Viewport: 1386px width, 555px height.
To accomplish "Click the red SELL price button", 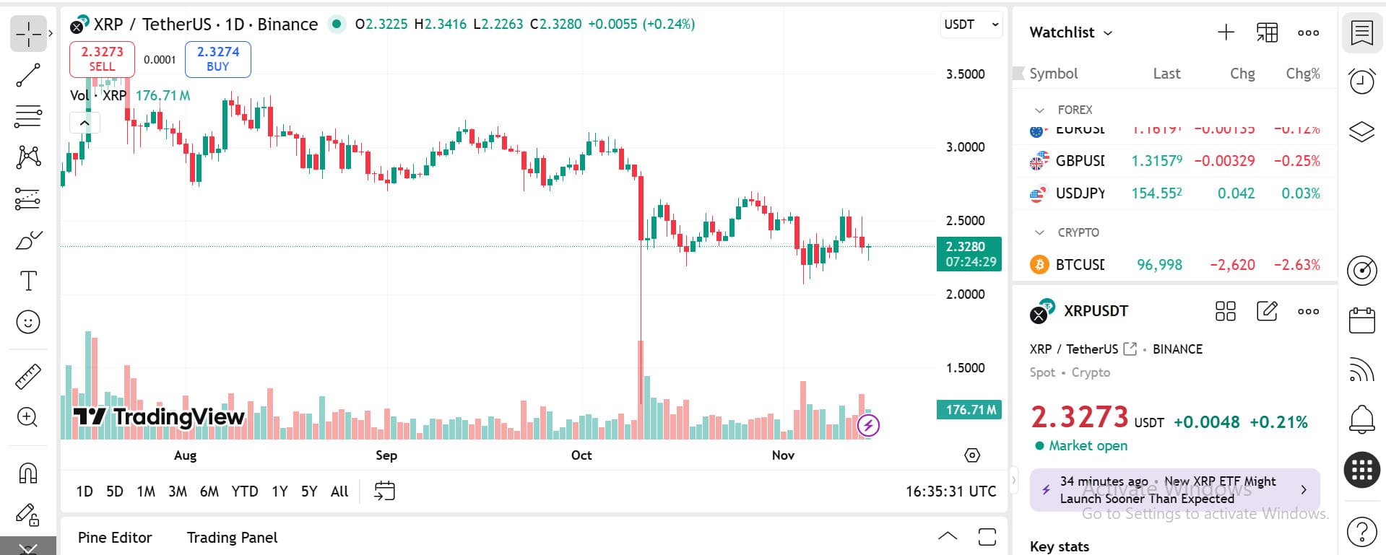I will tap(102, 59).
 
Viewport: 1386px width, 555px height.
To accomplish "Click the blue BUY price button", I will tap(217, 59).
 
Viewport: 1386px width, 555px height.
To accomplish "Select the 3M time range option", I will tap(178, 491).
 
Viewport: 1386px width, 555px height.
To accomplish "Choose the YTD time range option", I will tap(244, 491).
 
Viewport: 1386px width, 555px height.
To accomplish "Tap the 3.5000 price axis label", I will tap(965, 74).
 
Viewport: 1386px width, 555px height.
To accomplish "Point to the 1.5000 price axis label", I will tap(965, 368).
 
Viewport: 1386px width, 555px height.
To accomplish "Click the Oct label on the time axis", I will tap(581, 455).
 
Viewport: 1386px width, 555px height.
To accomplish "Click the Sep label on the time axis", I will tap(386, 455).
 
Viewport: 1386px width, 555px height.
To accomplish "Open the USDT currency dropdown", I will tap(971, 25).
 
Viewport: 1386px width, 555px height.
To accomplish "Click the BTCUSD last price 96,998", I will tap(1159, 265).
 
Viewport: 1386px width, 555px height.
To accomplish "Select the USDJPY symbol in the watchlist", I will tap(1080, 193).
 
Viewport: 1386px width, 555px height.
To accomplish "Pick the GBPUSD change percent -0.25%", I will tap(1296, 161).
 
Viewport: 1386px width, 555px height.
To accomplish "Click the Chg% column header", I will tap(1302, 74).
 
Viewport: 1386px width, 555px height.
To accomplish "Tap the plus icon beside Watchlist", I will tap(1226, 32).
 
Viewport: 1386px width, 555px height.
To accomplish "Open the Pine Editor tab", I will tap(115, 538).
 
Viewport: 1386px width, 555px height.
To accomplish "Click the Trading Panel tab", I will tap(232, 538).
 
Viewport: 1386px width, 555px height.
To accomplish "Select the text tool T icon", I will tap(28, 281).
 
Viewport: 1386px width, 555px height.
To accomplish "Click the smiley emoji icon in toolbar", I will tap(28, 322).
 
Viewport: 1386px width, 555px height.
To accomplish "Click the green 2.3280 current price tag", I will tap(969, 254).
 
